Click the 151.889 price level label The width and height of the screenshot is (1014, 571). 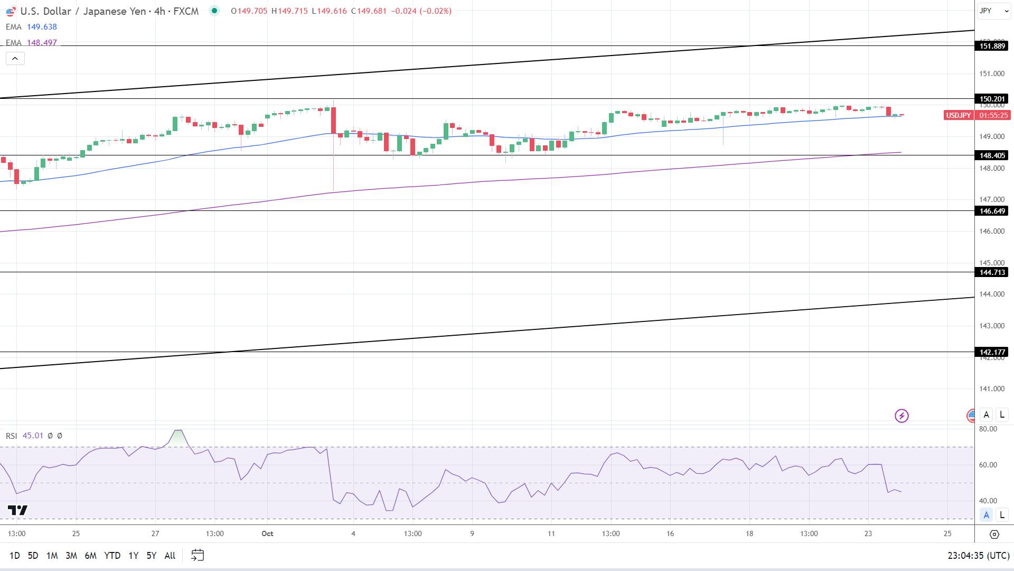pos(992,46)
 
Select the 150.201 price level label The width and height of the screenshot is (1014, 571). pos(992,99)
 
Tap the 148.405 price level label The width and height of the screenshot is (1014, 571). pos(992,155)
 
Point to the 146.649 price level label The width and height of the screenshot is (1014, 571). pos(992,211)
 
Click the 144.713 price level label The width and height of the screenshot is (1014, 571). pos(992,272)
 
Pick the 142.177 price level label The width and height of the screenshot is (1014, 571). pos(992,352)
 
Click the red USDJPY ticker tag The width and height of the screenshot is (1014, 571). pos(958,115)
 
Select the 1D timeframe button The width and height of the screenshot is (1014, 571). pos(15,556)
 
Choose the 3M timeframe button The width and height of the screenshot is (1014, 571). pos(71,556)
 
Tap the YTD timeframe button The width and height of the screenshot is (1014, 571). pos(112,556)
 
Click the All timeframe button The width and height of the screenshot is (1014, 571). pos(170,556)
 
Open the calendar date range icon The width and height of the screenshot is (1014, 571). pos(198,555)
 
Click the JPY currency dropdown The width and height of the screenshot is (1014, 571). pos(993,11)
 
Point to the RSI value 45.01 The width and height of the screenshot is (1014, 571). pos(33,436)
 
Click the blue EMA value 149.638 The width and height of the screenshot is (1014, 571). pos(42,27)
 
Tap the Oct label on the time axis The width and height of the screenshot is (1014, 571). pos(267,533)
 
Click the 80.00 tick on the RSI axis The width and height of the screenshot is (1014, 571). pos(988,429)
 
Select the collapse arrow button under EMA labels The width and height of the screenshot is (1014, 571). pos(15,59)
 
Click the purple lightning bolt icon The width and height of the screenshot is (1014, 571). pos(902,416)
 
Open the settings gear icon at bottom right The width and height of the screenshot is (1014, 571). pos(994,535)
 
